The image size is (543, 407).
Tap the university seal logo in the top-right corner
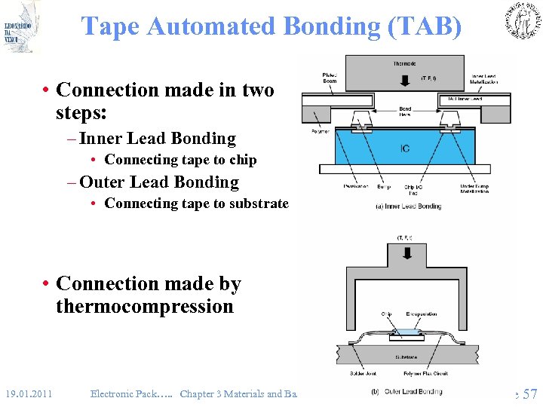tap(523, 20)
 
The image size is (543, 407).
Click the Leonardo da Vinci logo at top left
tap(20, 26)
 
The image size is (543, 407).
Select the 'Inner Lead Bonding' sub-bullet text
tap(158, 139)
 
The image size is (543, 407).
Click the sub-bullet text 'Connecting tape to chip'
tap(180, 160)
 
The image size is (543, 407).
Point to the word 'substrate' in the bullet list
tap(260, 203)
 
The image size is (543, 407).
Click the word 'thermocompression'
tap(145, 307)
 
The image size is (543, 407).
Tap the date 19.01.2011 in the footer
tap(29, 393)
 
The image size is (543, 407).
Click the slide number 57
tap(529, 393)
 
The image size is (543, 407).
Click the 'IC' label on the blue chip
tap(405, 148)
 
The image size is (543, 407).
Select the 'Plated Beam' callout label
tap(330, 78)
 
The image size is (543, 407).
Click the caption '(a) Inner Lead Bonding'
tap(408, 206)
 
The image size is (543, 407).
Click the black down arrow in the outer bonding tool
tap(407, 252)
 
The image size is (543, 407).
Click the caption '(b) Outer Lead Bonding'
tap(407, 391)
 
